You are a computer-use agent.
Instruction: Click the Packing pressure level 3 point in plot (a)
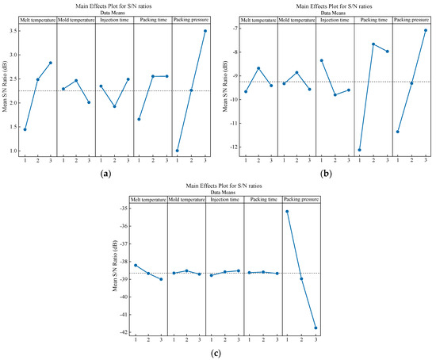[205, 31]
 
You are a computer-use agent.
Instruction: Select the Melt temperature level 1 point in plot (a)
[25, 129]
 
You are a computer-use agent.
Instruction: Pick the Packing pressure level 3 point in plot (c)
[316, 327]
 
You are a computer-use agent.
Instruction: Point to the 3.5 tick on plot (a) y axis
[14, 31]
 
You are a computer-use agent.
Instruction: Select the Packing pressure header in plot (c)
[302, 200]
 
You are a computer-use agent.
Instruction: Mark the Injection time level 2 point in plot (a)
[114, 106]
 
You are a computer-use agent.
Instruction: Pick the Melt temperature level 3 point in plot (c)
[163, 279]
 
